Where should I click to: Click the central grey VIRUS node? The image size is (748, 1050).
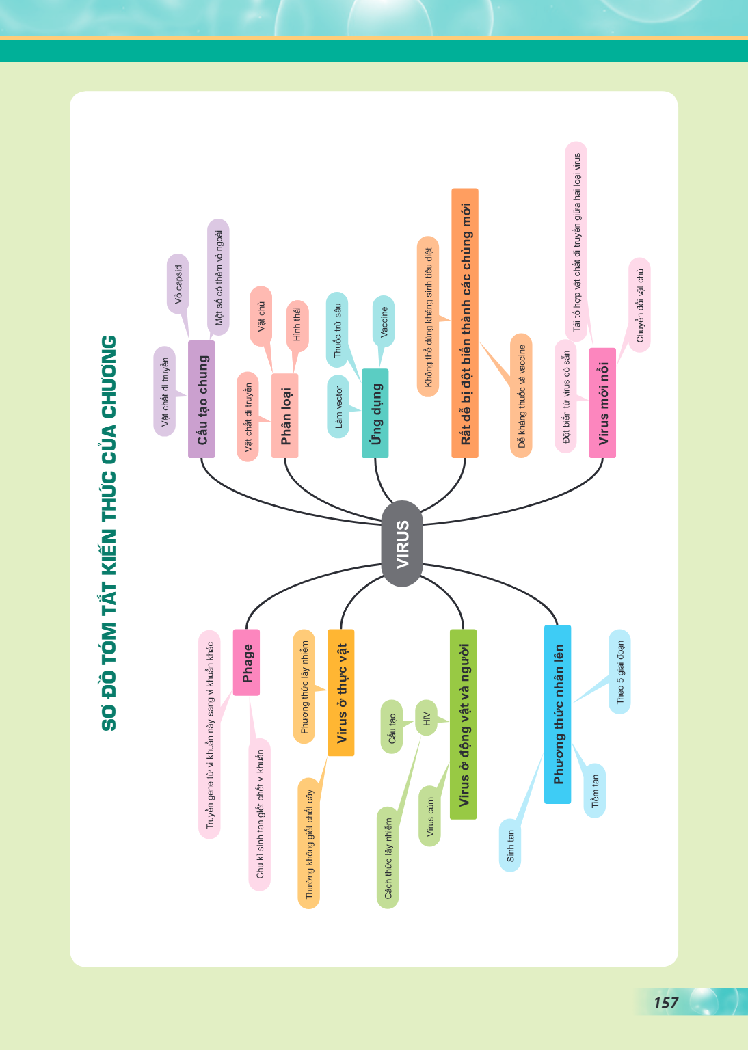click(402, 543)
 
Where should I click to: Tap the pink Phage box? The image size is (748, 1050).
click(246, 662)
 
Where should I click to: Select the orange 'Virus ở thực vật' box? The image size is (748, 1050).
click(341, 692)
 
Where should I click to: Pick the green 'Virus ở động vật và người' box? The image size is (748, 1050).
click(464, 724)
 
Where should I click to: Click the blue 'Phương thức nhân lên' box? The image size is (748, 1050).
click(558, 714)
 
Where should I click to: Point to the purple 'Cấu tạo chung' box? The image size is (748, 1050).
click(202, 399)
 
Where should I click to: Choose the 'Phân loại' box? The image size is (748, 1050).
click(284, 416)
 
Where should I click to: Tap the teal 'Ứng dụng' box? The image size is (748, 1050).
click(375, 413)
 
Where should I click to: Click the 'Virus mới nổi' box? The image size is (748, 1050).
click(602, 403)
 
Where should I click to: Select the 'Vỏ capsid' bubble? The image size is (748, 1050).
click(178, 284)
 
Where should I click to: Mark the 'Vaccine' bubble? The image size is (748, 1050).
click(384, 321)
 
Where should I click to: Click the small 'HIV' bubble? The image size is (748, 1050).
click(426, 718)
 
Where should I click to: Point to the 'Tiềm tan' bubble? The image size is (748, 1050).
click(595, 791)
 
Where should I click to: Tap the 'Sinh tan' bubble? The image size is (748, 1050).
click(510, 845)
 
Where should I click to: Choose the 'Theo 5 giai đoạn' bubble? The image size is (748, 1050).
click(619, 672)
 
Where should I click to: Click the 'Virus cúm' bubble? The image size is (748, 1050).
click(429, 816)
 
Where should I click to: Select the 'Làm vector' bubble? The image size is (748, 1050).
click(338, 407)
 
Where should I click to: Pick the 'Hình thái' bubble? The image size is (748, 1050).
click(297, 326)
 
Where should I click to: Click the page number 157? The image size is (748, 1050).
click(666, 1003)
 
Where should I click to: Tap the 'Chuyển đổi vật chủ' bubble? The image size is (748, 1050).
click(640, 305)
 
